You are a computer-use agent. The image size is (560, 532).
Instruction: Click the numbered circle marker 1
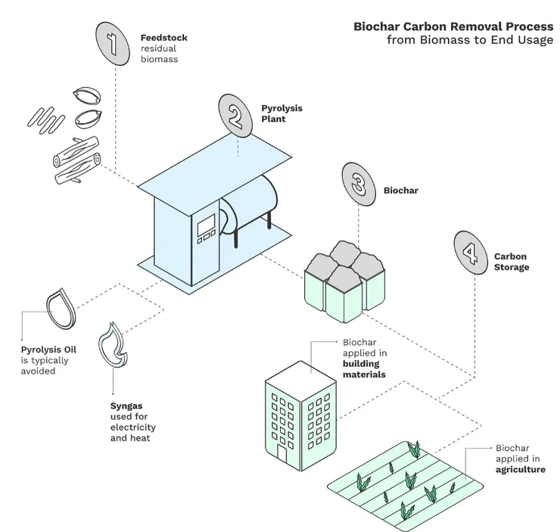[114, 41]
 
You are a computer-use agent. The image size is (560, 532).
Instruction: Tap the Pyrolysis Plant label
[282, 114]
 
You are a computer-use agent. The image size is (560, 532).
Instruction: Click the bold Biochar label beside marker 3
[401, 191]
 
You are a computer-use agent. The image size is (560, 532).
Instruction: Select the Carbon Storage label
[512, 262]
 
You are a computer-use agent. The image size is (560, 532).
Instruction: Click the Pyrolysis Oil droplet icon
[60, 308]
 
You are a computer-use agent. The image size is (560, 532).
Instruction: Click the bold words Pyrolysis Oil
[49, 350]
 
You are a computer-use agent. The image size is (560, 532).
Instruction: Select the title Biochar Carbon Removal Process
[453, 26]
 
